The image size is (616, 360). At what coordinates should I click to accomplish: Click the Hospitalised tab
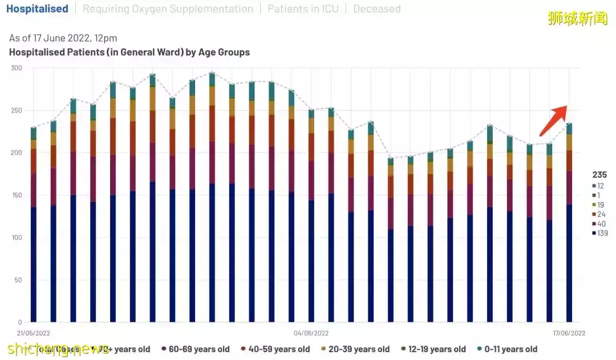[37, 9]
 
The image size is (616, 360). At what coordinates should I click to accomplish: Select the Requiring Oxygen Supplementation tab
[168, 9]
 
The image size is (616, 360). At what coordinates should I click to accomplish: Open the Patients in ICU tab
[303, 9]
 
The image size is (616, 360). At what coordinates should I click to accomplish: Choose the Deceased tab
[376, 9]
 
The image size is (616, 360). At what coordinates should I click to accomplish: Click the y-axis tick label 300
[16, 68]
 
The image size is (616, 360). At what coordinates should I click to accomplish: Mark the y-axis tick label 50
[18, 280]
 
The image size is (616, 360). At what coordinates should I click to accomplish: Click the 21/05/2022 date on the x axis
[34, 333]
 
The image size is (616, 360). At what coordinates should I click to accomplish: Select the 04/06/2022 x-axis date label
[311, 333]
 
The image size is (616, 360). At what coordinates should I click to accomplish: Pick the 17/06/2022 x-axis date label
[569, 333]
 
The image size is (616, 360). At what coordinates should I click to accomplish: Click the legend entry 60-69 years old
[196, 349]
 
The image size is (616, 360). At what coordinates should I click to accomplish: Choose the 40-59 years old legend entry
[275, 349]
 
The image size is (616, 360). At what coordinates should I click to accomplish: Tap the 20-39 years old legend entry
[355, 349]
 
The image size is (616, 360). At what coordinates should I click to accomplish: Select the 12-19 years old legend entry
[433, 349]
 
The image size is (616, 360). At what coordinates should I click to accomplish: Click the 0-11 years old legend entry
[507, 349]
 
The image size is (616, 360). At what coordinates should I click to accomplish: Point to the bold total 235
[599, 175]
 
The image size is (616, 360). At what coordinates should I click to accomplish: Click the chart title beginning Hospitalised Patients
[129, 52]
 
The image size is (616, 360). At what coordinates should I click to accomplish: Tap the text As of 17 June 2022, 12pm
[63, 38]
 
